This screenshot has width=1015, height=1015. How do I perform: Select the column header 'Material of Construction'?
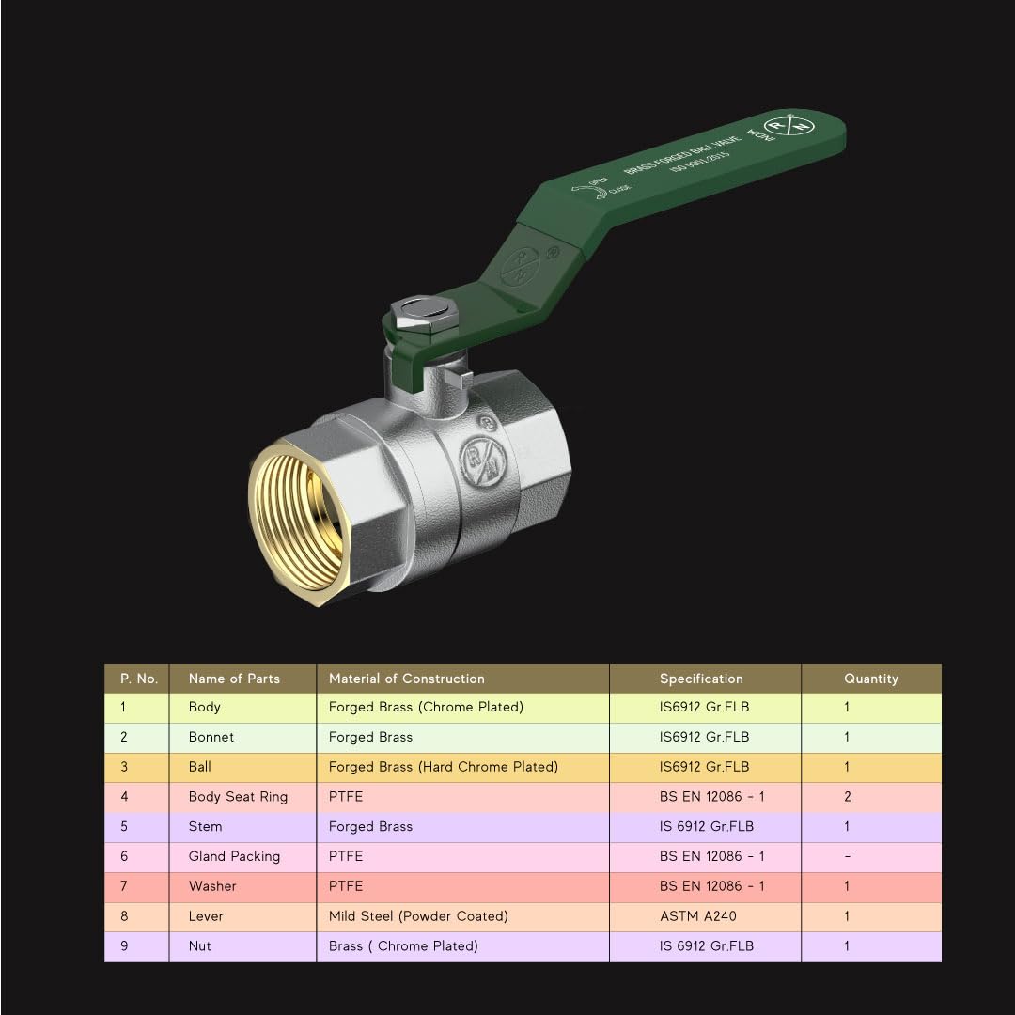point(406,679)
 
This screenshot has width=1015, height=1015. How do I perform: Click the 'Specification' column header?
point(701,679)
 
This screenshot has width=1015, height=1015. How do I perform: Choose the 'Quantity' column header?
point(870,679)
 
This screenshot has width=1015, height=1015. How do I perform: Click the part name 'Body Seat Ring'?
point(238,797)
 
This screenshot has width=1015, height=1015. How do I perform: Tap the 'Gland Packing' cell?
point(234,856)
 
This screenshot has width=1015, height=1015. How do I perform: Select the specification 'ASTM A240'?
point(698,916)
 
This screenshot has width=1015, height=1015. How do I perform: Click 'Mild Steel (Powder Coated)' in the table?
point(418,916)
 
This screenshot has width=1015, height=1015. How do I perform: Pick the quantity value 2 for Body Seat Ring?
point(847,797)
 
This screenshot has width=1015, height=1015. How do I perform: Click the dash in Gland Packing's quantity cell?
point(847,856)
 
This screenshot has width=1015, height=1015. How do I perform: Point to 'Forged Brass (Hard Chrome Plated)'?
point(443,767)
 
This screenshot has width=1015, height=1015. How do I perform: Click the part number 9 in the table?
point(124,946)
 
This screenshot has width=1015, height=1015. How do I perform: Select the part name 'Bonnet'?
point(211,737)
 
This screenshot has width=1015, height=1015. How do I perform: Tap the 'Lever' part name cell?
point(206,916)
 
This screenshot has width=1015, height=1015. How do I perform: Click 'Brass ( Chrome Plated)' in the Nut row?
point(403,946)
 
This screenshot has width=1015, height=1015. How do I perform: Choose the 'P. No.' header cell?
point(138,679)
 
